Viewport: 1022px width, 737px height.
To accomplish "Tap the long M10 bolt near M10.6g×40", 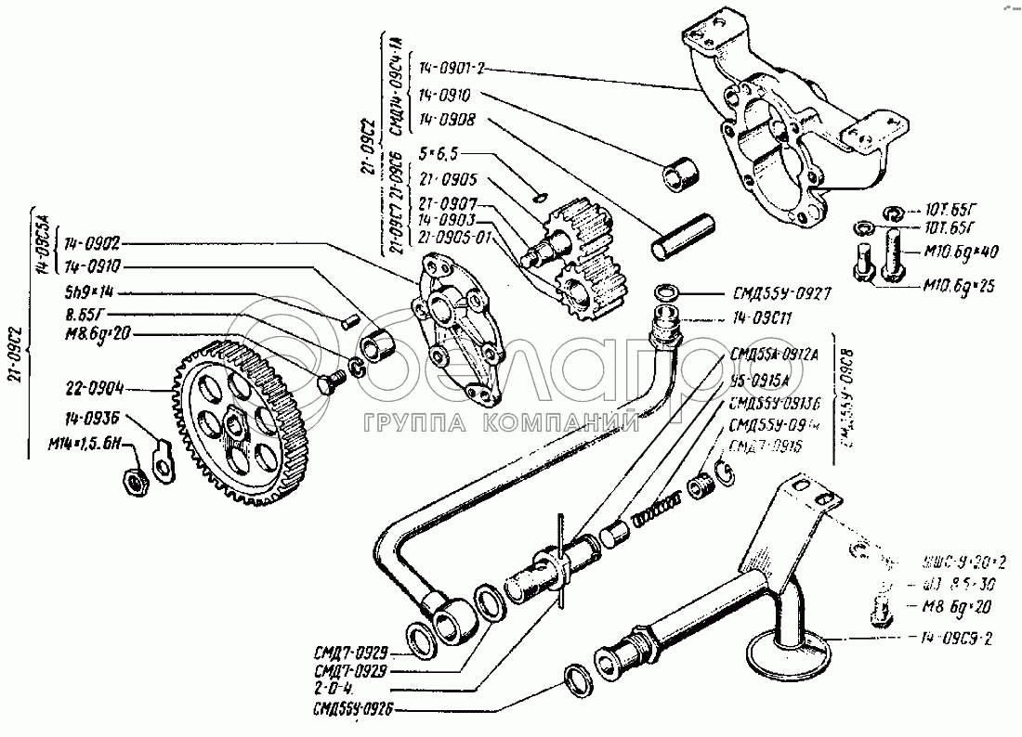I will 893,255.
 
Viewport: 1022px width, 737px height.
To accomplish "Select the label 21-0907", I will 448,203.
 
